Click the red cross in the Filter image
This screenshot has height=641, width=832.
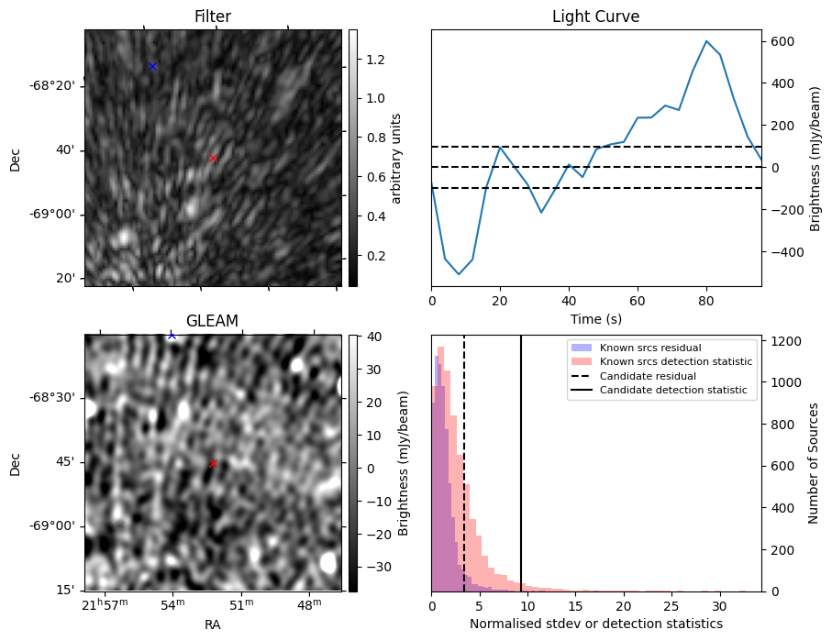coord(213,158)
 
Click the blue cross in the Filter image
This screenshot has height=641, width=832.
coord(152,66)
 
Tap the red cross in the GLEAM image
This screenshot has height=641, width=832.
coord(213,463)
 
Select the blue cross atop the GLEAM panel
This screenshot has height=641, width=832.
coord(172,336)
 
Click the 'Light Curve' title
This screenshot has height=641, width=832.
coord(595,17)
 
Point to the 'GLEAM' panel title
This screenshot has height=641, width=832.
coord(212,321)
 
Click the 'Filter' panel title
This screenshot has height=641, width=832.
coord(212,17)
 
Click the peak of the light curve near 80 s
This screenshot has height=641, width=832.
coord(706,41)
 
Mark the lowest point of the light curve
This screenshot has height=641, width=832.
coord(459,274)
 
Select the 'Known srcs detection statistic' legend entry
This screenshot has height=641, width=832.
coord(675,362)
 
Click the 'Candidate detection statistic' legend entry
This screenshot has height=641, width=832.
coord(672,392)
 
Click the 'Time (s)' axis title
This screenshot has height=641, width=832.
coord(595,317)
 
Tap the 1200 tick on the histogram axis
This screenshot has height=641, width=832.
coord(784,341)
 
